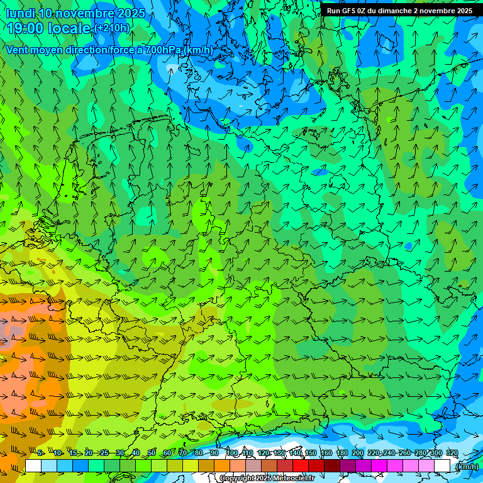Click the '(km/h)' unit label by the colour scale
click(x=466, y=467)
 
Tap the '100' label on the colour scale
click(x=232, y=453)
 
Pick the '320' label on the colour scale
click(x=452, y=453)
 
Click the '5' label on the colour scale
click(x=40, y=453)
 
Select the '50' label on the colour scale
click(x=152, y=453)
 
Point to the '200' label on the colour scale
click(x=357, y=453)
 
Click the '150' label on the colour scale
click(x=311, y=453)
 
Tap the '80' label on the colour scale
click(x=199, y=453)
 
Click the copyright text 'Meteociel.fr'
click(x=294, y=479)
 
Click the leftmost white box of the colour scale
click(x=33, y=466)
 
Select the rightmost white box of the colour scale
click(x=442, y=466)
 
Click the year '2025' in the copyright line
click(x=264, y=479)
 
